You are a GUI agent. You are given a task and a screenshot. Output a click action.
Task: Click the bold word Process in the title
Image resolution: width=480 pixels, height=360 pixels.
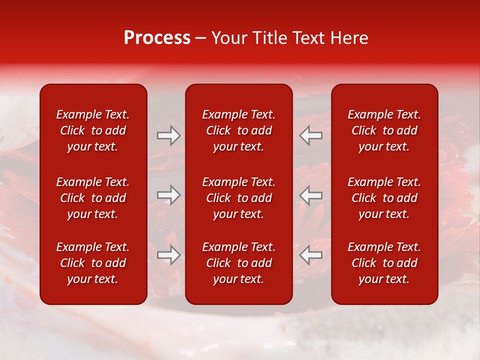coord(157,38)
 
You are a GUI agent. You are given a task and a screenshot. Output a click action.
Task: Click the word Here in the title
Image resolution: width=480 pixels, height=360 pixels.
coord(348,38)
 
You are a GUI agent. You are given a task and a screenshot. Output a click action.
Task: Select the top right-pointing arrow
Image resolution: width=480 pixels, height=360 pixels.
coord(168,135)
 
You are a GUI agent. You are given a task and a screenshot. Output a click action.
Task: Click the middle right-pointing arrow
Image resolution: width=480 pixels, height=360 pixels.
coord(168,195)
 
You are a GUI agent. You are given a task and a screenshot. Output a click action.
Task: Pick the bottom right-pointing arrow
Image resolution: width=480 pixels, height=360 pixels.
coord(168,255)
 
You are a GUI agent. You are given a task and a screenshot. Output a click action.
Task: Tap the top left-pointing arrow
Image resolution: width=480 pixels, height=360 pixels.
coord(310,135)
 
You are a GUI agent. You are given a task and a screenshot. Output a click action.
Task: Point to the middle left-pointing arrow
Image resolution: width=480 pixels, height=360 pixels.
coord(310,195)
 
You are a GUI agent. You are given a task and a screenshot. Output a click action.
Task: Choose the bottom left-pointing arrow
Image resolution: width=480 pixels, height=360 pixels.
coord(310,255)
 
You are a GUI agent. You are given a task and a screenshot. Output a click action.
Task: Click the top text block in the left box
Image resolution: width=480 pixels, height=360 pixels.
coord(93,130)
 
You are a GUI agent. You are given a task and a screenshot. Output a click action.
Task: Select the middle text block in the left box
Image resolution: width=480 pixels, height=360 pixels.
coord(93,198)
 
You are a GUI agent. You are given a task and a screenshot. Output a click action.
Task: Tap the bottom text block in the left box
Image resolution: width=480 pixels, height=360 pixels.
coord(93,263)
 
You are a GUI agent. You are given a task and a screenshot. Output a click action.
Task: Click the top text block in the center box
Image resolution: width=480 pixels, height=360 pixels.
coord(238,130)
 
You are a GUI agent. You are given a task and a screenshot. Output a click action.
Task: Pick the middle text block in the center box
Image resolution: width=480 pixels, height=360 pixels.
coord(238,198)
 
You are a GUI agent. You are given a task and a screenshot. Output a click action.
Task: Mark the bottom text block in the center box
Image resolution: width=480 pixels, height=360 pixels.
coord(238,263)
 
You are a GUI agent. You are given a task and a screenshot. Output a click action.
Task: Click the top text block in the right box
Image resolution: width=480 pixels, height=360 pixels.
coord(384,130)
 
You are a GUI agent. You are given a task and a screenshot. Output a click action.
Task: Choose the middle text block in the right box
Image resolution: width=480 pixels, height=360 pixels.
coord(384,198)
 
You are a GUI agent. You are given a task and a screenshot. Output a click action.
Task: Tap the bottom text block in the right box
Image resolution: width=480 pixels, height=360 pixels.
coord(384,263)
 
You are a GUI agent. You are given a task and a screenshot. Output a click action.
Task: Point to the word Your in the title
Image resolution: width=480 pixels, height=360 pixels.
coord(229,38)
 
